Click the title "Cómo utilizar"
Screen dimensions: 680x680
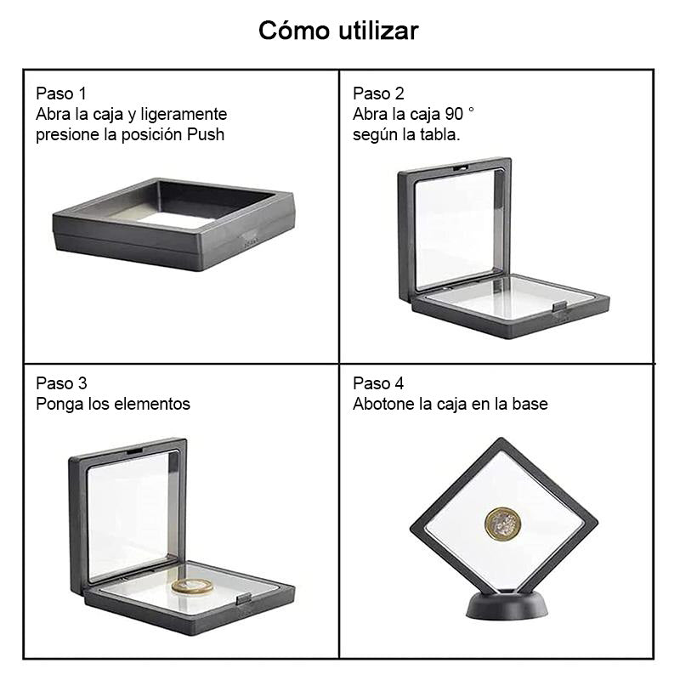pyautogui.click(x=338, y=31)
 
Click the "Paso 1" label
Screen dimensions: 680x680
pyautogui.click(x=61, y=93)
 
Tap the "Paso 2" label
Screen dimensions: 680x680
pyautogui.click(x=378, y=93)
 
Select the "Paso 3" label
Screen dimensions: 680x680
pyautogui.click(x=61, y=383)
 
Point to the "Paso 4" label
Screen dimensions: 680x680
pyautogui.click(x=378, y=383)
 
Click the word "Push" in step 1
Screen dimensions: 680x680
pyautogui.click(x=206, y=134)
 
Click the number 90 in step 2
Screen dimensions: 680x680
pyautogui.click(x=454, y=114)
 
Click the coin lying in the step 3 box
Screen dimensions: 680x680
pyautogui.click(x=193, y=586)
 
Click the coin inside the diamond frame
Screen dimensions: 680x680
pyautogui.click(x=503, y=524)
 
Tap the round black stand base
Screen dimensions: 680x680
pyautogui.click(x=507, y=604)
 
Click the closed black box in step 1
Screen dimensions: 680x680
pyautogui.click(x=173, y=224)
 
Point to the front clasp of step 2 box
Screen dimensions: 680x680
pyautogui.click(x=559, y=307)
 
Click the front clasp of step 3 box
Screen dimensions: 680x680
pyautogui.click(x=244, y=599)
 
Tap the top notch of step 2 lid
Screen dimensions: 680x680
pyautogui.click(x=461, y=167)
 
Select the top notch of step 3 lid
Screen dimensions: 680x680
pyautogui.click(x=134, y=452)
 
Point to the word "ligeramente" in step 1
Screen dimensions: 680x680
pyautogui.click(x=184, y=115)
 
